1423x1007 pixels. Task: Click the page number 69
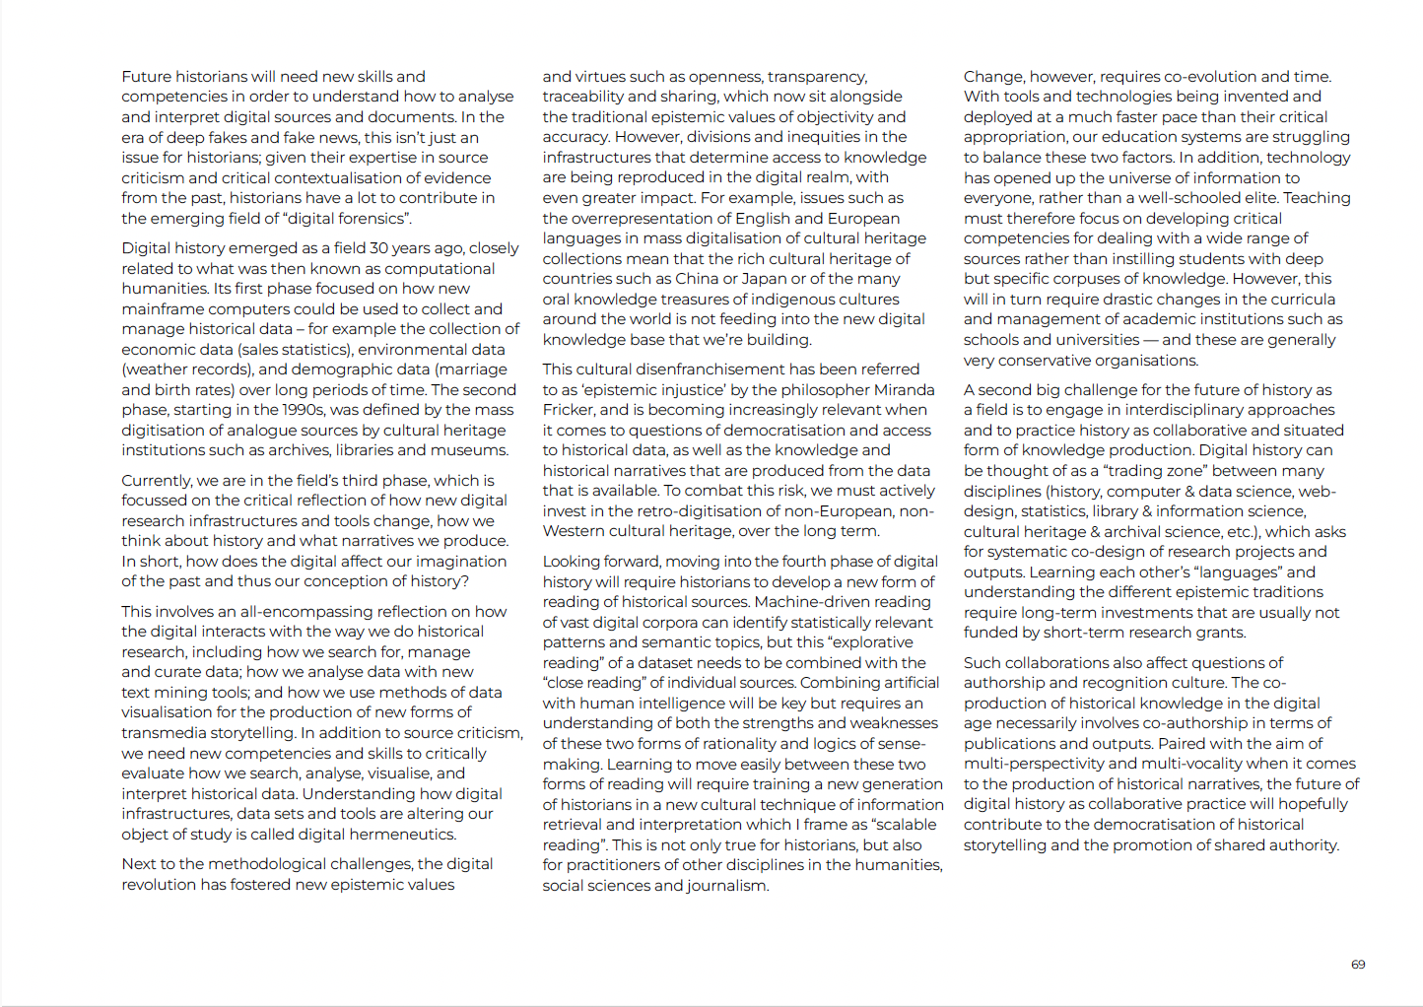click(1358, 965)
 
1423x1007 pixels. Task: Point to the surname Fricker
click(569, 410)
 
